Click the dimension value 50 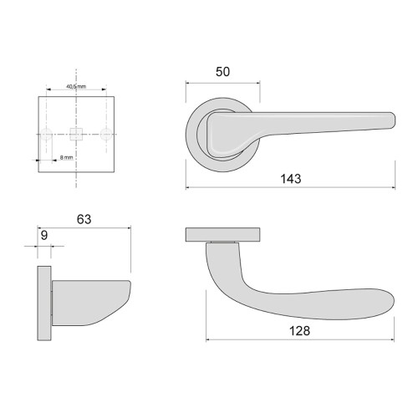click(222, 72)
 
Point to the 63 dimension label click(84, 219)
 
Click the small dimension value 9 click(44, 236)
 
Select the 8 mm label click(67, 157)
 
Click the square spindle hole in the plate click(77, 133)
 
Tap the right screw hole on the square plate click(106, 133)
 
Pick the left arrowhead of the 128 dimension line click(207, 340)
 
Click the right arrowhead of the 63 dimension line click(130, 227)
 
